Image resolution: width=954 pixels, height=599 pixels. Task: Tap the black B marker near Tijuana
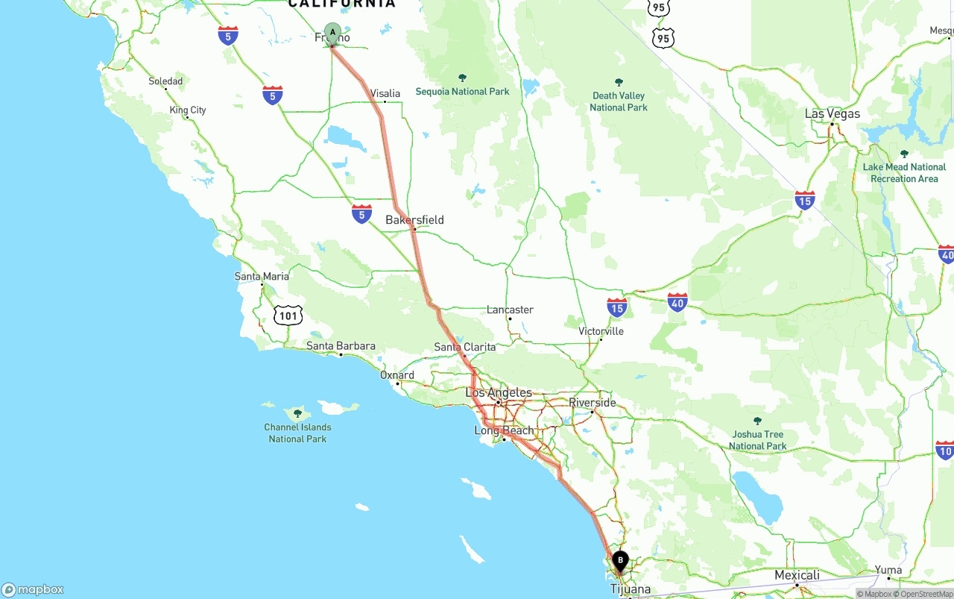point(620,560)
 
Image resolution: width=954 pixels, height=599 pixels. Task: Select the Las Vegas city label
point(832,114)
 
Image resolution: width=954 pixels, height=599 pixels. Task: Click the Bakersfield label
point(414,220)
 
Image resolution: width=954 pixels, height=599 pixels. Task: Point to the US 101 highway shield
point(288,316)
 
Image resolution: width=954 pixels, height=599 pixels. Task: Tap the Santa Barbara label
point(341,346)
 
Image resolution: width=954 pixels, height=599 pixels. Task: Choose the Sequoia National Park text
point(462,92)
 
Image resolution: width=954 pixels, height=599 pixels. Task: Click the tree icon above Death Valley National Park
point(619,82)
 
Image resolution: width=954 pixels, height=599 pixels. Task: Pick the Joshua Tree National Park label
point(757,440)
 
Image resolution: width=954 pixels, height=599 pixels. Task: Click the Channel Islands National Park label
point(297,433)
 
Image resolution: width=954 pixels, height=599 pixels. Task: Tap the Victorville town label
point(601,331)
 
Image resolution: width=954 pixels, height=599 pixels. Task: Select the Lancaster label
point(510,310)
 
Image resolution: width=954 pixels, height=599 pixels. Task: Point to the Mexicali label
point(797,575)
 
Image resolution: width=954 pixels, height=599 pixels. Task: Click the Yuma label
point(888,570)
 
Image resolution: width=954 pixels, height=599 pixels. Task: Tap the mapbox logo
point(33,589)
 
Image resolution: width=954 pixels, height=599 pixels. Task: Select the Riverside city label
point(593,403)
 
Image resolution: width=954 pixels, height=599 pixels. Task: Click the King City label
point(188,110)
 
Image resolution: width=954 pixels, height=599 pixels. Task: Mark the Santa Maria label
point(262,277)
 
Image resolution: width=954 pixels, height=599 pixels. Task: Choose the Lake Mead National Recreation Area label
point(904,173)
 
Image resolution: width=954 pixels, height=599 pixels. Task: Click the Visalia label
point(385,93)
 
